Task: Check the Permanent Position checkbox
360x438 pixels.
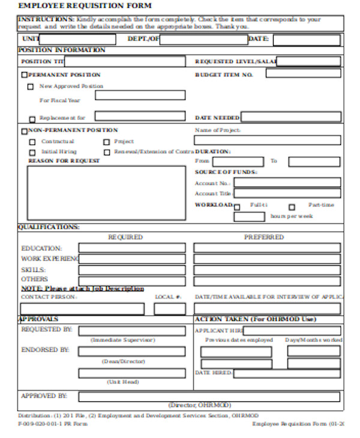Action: pyautogui.click(x=25, y=75)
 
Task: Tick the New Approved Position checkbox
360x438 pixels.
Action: pyautogui.click(x=31, y=86)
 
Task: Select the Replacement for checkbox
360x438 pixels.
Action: pyautogui.click(x=32, y=119)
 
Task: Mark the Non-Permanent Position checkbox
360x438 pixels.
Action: pyautogui.click(x=25, y=131)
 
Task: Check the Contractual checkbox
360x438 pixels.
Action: pyautogui.click(x=32, y=142)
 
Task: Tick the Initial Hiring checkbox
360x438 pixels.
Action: pyautogui.click(x=32, y=152)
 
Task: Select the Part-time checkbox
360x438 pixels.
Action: pyautogui.click(x=292, y=206)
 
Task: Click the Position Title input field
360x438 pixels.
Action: pyautogui.click(x=125, y=61)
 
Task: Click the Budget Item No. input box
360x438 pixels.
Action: pyautogui.click(x=303, y=73)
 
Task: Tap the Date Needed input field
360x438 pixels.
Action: pyautogui.click(x=291, y=118)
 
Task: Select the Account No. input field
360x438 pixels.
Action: pyautogui.click(x=287, y=182)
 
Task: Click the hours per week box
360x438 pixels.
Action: pyautogui.click(x=249, y=217)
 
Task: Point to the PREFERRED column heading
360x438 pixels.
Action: pyautogui.click(x=264, y=237)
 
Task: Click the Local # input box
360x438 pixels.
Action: pyautogui.click(x=169, y=309)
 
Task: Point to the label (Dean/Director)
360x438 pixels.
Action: pyautogui.click(x=123, y=362)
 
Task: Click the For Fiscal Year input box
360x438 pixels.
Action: pyautogui.click(x=140, y=95)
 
